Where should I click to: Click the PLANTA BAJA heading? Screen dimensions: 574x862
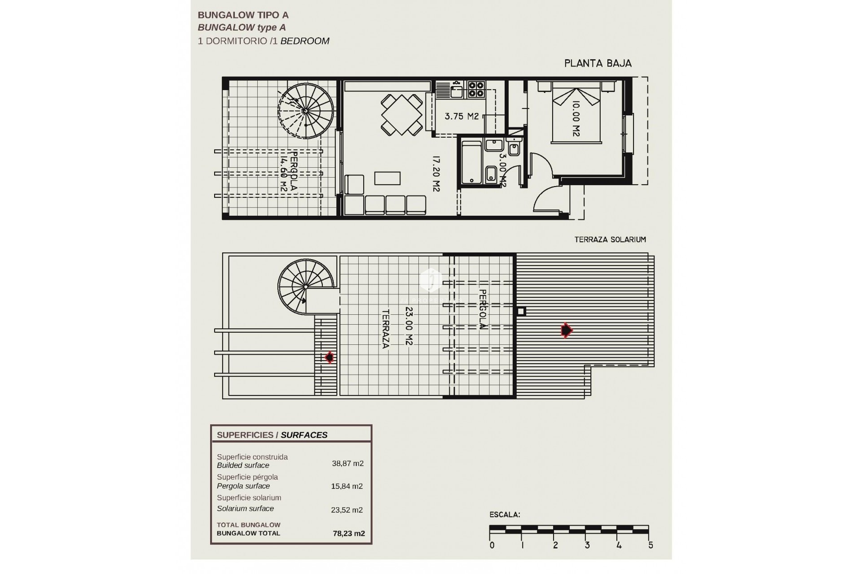coord(598,64)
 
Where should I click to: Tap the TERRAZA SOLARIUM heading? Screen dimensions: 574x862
coord(610,239)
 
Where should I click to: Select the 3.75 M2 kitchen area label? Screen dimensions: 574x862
coord(462,116)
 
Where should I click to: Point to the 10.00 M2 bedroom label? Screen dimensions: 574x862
coord(576,118)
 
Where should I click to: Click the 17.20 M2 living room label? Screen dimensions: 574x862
coord(435,174)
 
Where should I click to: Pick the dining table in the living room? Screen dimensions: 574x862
coord(402,114)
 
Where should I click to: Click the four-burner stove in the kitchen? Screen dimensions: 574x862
coord(476,89)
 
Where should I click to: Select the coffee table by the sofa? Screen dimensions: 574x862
coord(387,178)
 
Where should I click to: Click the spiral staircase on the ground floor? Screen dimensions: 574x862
coord(306,111)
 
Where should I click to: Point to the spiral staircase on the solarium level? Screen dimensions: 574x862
coord(305,286)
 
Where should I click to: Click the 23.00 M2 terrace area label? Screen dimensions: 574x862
coord(409,326)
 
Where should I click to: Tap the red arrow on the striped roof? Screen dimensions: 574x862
coord(567,330)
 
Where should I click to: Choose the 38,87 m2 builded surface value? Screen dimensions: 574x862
coord(347,463)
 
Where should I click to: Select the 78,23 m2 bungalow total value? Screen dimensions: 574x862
coord(349,533)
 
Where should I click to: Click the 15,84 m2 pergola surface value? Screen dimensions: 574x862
coord(347,486)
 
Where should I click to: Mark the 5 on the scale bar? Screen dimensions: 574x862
coord(651,545)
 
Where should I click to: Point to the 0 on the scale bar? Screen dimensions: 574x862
coord(492,545)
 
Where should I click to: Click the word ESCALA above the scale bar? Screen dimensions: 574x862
coord(505,515)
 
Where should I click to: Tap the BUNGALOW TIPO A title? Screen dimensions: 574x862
coord(243,15)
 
